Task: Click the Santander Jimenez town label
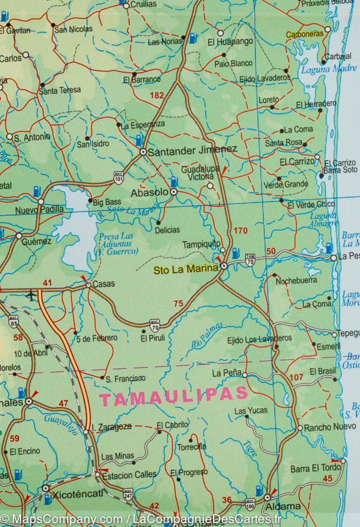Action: (x=192, y=150)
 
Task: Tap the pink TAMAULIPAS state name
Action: (x=173, y=397)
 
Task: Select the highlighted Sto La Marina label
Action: (x=185, y=269)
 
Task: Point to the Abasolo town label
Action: (x=149, y=192)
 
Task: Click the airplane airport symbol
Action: (x=31, y=295)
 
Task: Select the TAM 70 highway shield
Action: (x=250, y=260)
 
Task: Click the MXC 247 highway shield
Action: (x=128, y=494)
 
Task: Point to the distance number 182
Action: (x=156, y=95)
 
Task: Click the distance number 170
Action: (x=241, y=231)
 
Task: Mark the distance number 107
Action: (x=296, y=377)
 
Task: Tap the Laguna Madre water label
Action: (x=329, y=69)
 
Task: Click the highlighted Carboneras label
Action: (x=304, y=34)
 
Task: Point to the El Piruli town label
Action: (x=152, y=338)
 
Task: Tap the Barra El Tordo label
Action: (x=315, y=469)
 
